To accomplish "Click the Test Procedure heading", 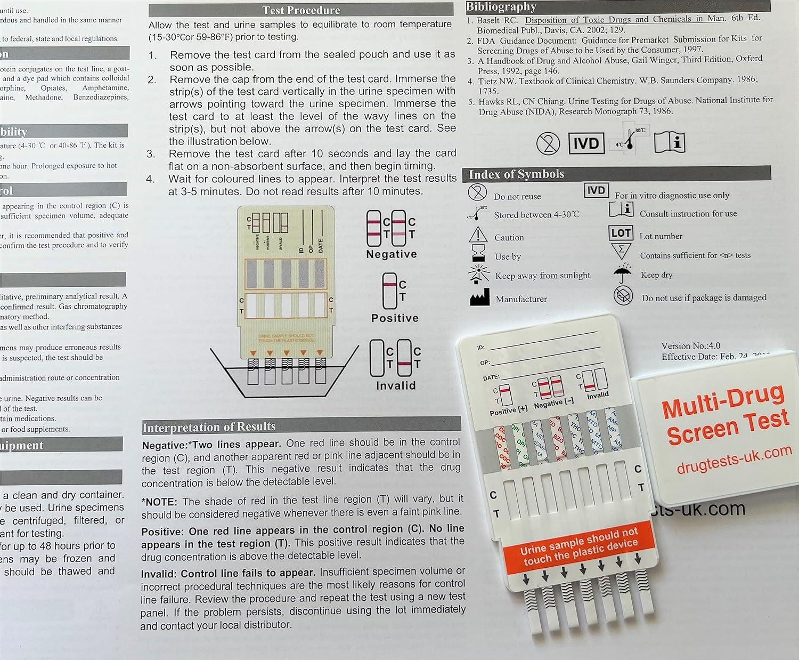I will tap(301, 10).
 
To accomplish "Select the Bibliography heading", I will tap(501, 6).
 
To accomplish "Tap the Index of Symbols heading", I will tap(516, 174).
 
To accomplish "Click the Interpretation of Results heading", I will tap(209, 426).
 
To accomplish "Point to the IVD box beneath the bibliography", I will tap(586, 143).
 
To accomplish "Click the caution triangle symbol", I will tap(478, 235).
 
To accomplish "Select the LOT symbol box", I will tap(621, 233).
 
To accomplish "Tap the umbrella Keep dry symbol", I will tap(623, 273).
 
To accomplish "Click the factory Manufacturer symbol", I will tap(479, 297).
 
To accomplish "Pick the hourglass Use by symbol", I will tap(478, 254).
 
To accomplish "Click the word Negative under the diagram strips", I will tap(392, 254).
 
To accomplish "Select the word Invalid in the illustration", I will tap(395, 385).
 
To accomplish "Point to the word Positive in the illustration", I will tap(395, 318).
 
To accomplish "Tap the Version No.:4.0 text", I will tap(690, 346).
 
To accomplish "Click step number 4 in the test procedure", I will tap(151, 179).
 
